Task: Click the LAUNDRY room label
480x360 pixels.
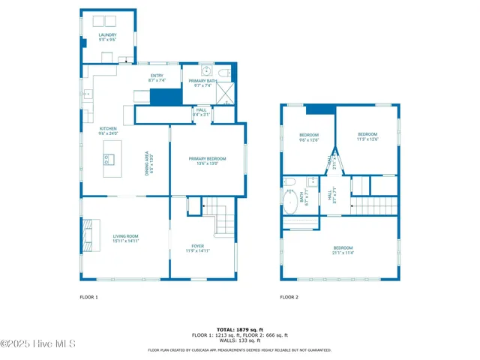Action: point(107,36)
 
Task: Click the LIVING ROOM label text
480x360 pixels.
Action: point(125,238)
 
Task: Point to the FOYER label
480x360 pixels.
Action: point(197,247)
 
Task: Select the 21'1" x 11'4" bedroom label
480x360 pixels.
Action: point(343,250)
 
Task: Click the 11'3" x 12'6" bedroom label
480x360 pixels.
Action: point(367,136)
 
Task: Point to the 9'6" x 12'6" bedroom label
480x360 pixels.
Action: point(309,136)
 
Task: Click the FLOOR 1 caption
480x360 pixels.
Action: point(88,297)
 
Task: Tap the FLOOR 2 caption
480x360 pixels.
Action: point(289,297)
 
